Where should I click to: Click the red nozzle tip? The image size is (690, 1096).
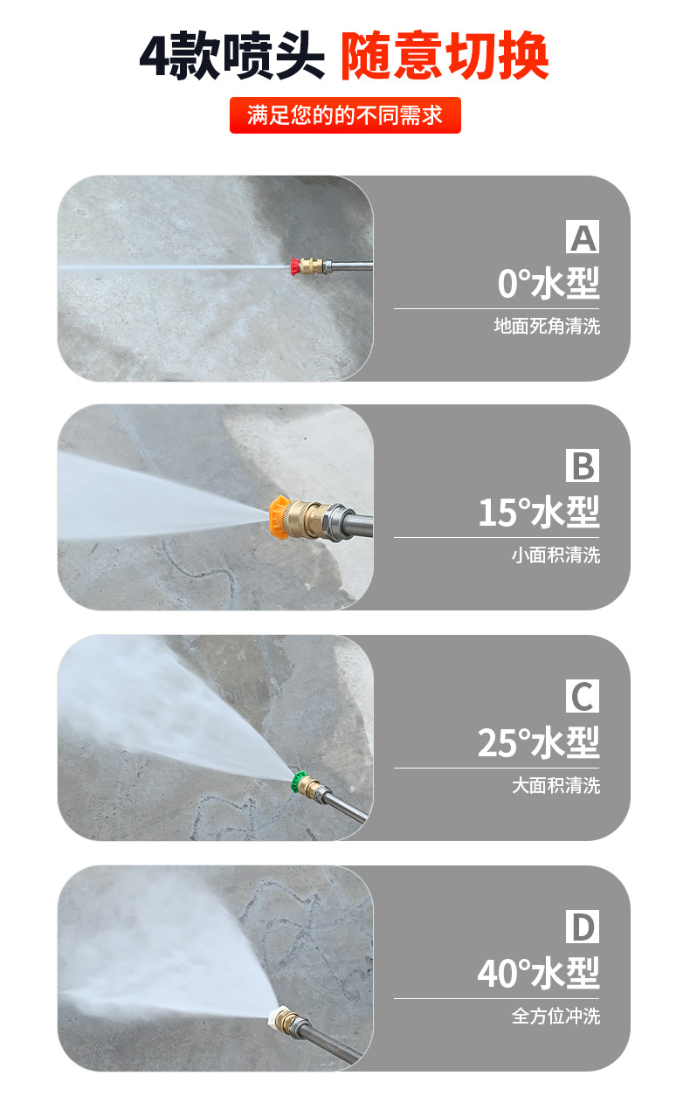pos(295,266)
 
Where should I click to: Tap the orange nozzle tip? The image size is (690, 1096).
pos(279,517)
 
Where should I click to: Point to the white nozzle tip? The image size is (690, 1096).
pos(275,1016)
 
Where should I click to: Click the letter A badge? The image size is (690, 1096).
pos(583,237)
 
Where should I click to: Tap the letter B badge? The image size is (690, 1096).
pos(583,465)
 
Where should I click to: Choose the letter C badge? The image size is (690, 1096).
pos(583,696)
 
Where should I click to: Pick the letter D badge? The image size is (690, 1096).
pos(583,927)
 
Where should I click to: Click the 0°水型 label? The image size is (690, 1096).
pos(549,283)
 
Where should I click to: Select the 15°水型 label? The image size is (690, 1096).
pos(539,513)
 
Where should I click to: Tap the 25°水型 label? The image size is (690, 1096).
pos(538,742)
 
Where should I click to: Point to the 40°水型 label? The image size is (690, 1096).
pos(538,973)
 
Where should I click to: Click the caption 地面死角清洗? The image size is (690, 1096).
pos(547,326)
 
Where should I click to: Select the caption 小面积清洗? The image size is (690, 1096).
pos(555,555)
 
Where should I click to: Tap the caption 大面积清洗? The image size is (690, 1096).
pos(555,785)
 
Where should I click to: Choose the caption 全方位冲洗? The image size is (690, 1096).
pos(555,1016)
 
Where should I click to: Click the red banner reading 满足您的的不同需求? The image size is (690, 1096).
pos(345,115)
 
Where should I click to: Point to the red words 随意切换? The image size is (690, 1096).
pos(445,55)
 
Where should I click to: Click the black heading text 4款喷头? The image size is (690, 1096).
pos(232,55)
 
